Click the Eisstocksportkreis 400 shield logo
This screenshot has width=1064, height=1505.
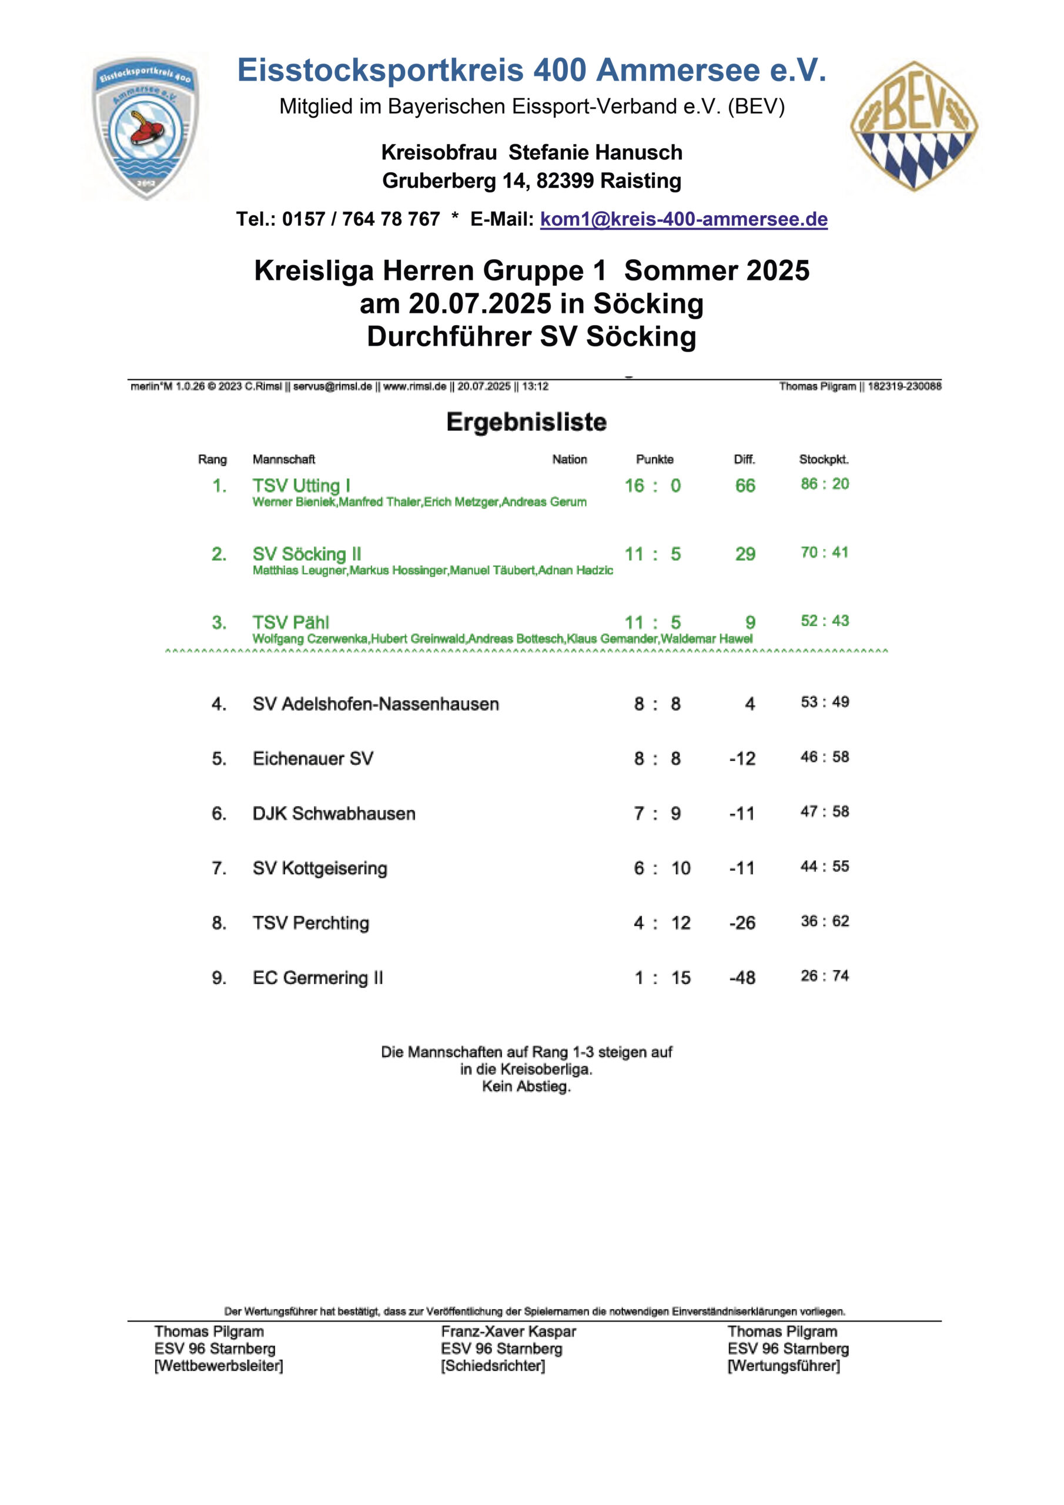pos(146,126)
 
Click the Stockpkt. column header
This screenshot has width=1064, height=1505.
pos(824,460)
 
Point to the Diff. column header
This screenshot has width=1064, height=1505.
pos(744,460)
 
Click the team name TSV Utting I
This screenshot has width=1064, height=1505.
pos(301,486)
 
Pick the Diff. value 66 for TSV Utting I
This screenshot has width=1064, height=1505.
pos(745,486)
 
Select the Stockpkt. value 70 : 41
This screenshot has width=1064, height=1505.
pos(824,553)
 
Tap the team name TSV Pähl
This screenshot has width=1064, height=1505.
pos(290,622)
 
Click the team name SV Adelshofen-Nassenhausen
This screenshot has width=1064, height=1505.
pos(376,704)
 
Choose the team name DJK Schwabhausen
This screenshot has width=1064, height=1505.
pos(334,814)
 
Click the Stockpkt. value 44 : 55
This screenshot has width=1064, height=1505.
pos(824,867)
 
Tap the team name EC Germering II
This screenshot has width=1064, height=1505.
pos(317,978)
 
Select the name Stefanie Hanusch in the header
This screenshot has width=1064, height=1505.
pos(595,153)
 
